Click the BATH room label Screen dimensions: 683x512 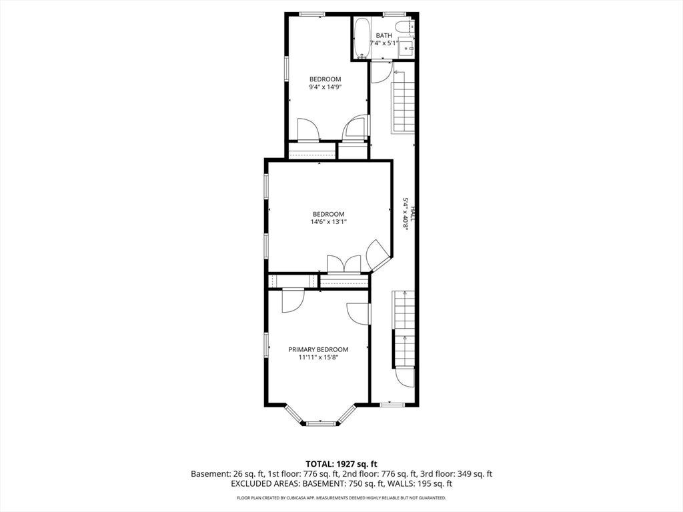pos(384,35)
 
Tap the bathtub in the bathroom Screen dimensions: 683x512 pos(362,38)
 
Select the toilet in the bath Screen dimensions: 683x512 pos(407,26)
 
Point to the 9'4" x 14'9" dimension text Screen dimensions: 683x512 pos(325,87)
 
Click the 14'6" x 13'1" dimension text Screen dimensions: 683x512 pos(328,221)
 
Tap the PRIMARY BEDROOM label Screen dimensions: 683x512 pos(318,349)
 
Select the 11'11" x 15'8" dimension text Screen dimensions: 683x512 pos(318,357)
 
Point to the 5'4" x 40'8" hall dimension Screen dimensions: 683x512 pos(405,214)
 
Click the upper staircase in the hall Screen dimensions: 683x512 pos(404,107)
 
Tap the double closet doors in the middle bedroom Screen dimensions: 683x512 pos(344,264)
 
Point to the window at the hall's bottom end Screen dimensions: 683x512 pos(392,405)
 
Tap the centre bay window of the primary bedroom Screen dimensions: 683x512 pos(321,423)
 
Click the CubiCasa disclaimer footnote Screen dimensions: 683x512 pos(341,497)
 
